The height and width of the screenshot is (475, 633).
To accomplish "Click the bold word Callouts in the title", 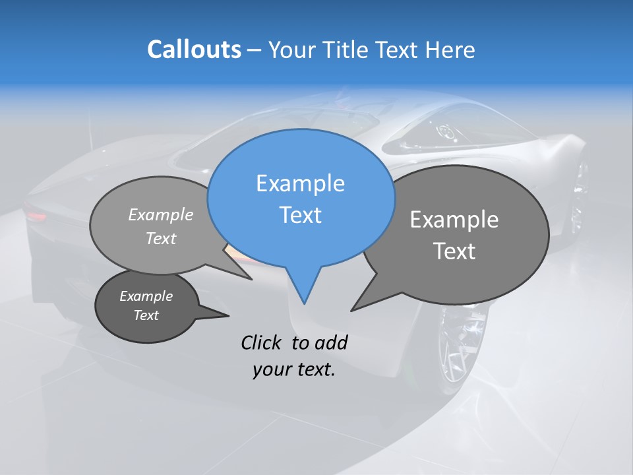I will point(194,49).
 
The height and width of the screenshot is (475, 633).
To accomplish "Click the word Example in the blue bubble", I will point(300,183).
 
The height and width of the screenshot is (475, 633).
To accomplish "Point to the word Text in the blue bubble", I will point(300,215).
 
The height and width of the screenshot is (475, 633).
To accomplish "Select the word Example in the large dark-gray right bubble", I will point(454,220).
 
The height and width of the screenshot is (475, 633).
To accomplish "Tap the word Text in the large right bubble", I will point(454,251).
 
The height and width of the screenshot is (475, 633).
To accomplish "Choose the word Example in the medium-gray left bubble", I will point(161,214).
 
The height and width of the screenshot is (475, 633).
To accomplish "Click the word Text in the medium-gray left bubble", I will point(161,238).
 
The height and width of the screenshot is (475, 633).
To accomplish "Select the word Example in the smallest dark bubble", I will point(146,296).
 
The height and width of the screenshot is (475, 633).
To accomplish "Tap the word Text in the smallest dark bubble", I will point(146,315).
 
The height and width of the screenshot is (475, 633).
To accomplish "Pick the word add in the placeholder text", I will point(331,342).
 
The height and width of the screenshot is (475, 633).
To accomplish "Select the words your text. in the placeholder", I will point(294,369).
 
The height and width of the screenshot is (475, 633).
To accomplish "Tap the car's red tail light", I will point(36,216).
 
